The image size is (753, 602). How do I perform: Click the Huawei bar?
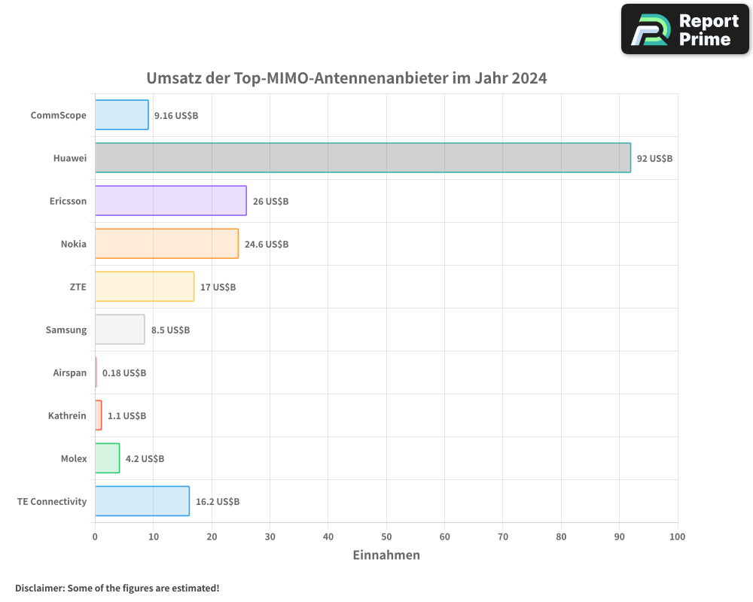362,158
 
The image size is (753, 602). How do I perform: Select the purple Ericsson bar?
170,201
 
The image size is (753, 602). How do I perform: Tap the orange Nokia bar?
166,244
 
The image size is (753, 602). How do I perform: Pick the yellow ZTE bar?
144,287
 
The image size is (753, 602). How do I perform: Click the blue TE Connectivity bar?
142,501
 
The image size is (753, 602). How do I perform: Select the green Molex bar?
107,458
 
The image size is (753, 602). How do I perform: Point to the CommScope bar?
121,115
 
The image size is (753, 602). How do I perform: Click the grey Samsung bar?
119,330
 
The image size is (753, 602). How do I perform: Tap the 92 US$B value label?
654,159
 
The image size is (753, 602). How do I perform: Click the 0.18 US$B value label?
124,373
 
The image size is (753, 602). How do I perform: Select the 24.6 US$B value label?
267,245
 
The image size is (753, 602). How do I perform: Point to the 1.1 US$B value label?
127,416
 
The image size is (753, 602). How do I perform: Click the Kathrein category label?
67,415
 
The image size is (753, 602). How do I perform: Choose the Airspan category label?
69,372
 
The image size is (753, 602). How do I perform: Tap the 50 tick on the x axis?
386,537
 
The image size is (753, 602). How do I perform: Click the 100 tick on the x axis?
677,537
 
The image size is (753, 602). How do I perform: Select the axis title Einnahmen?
386,555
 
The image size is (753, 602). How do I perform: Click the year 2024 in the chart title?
529,78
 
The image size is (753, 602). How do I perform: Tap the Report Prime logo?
684,29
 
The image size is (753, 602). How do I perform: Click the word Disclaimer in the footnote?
39,588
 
